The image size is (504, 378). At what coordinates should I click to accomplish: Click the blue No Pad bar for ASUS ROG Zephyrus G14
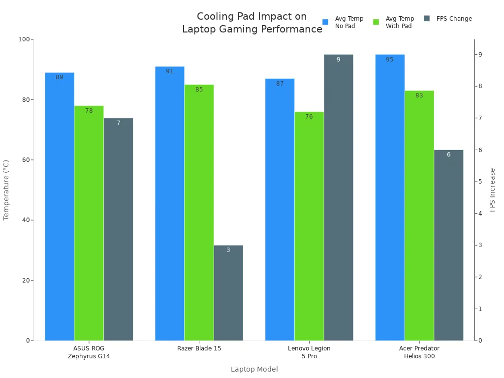(x=60, y=207)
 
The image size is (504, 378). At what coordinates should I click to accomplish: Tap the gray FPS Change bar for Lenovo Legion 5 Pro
(x=338, y=197)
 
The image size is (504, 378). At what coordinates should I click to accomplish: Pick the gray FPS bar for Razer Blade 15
(x=228, y=293)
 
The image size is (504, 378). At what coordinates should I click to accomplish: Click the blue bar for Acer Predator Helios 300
(x=390, y=197)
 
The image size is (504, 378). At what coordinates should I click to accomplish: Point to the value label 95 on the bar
(x=389, y=60)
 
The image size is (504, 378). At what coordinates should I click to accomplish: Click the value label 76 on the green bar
(x=309, y=117)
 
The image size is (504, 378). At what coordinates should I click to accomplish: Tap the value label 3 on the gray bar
(x=228, y=250)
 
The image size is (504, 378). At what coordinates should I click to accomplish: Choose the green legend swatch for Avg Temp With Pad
(x=376, y=22)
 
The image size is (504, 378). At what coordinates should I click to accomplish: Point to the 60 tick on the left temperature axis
(x=26, y=160)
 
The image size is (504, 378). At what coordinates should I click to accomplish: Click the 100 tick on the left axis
(x=24, y=39)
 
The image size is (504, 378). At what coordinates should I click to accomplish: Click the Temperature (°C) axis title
(x=6, y=189)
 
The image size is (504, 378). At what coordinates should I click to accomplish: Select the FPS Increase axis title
(x=493, y=189)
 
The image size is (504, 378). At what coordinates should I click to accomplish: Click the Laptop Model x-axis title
(x=254, y=369)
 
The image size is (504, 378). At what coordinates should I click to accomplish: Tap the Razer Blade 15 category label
(x=199, y=348)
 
